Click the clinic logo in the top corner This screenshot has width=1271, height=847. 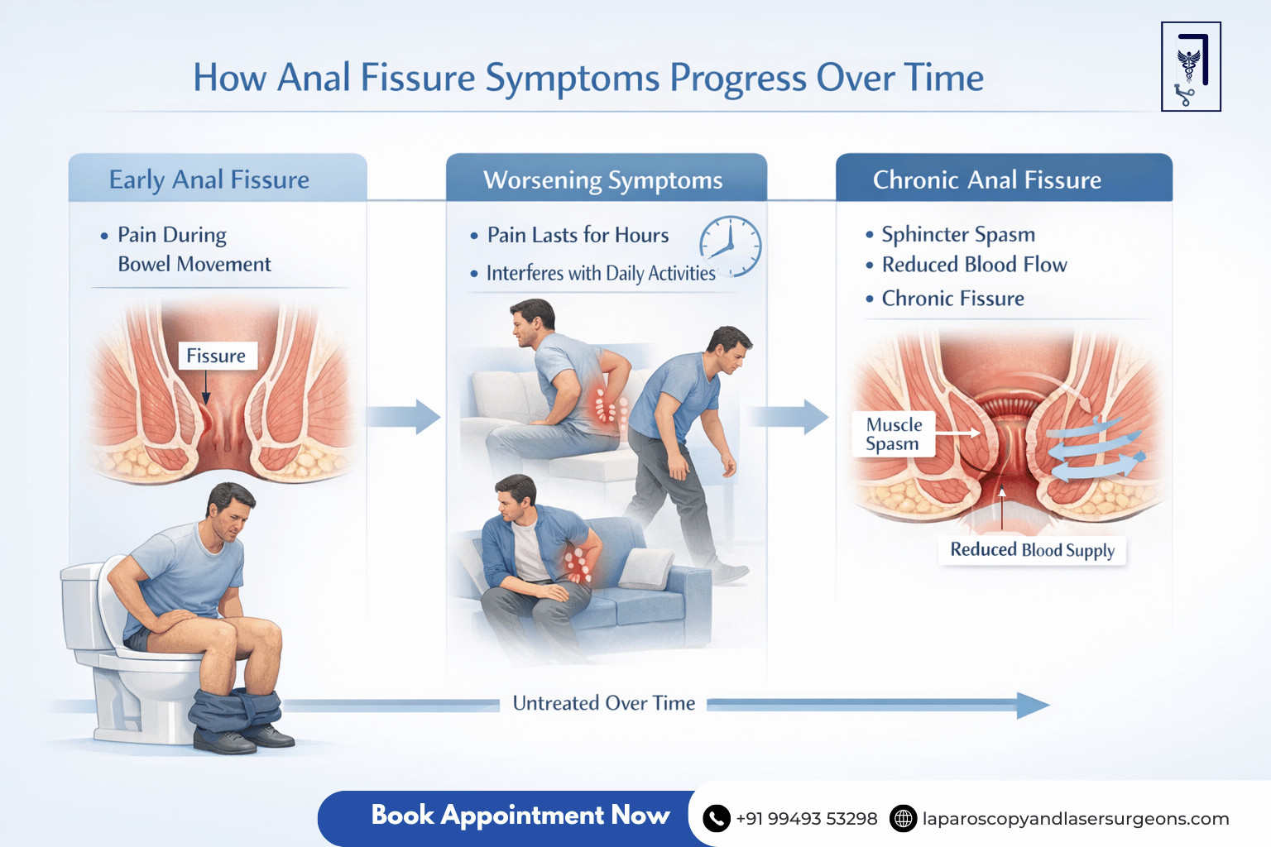click(x=1191, y=67)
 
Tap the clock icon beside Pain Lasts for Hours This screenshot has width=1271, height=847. click(x=730, y=246)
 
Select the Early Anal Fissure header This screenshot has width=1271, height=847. click(x=209, y=179)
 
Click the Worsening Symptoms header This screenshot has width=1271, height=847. click(x=603, y=179)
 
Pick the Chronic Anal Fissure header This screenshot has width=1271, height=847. click(x=987, y=179)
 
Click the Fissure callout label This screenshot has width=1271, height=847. click(x=216, y=356)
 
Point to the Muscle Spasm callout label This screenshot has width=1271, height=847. click(x=894, y=434)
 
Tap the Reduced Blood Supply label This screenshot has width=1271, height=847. click(x=1032, y=550)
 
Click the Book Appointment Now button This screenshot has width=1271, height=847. click(x=520, y=816)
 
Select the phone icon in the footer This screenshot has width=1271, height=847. click(x=716, y=819)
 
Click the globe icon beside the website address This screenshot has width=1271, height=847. click(x=903, y=819)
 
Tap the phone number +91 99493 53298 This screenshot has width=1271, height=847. click(x=807, y=819)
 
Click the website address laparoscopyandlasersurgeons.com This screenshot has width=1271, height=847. click(x=1076, y=819)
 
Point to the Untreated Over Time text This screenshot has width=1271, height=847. click(x=604, y=703)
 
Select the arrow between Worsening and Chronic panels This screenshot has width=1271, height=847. click(x=790, y=416)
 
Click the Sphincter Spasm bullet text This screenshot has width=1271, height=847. click(x=958, y=235)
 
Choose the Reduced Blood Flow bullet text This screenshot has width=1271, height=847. click(x=974, y=265)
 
